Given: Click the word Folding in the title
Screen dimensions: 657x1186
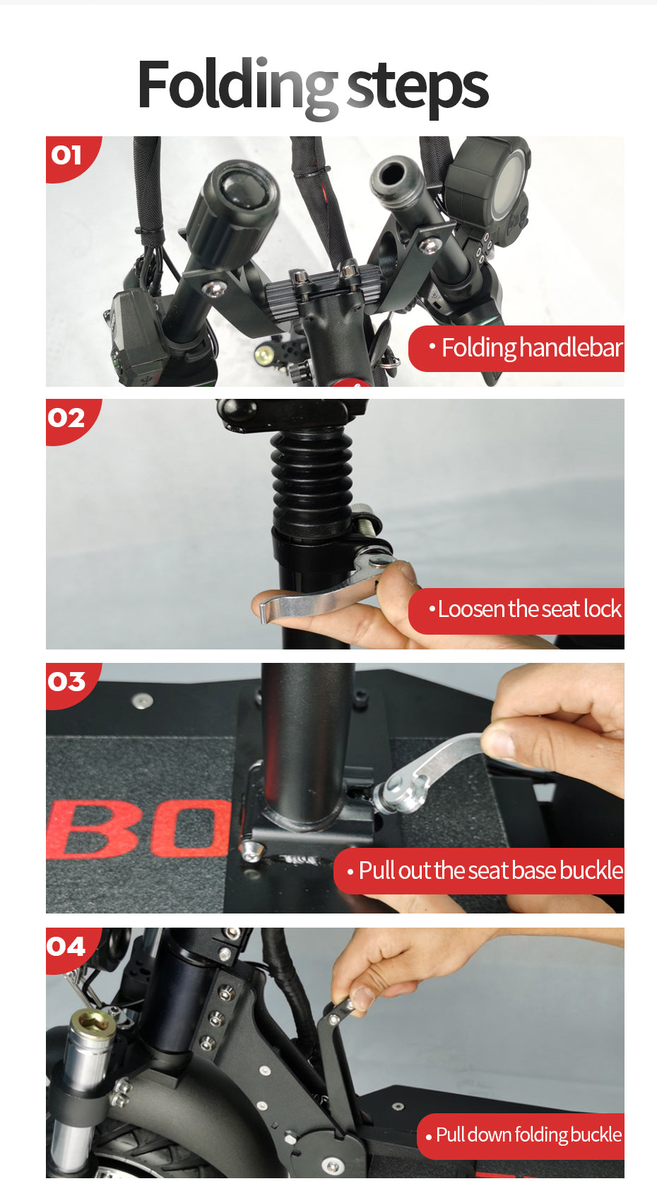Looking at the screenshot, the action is click(x=237, y=88).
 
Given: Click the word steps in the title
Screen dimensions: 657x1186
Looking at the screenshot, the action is click(x=418, y=90).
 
